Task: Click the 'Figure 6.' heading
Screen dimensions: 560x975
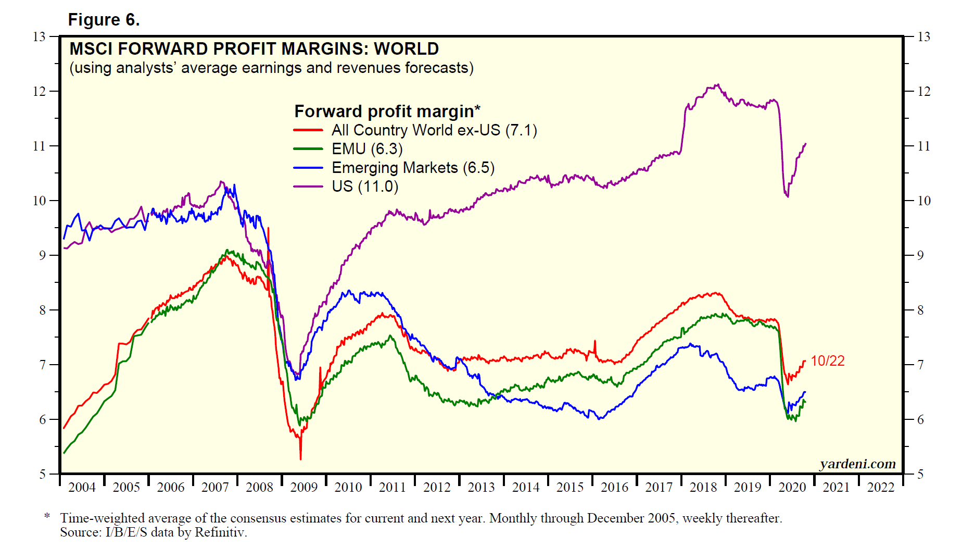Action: (104, 20)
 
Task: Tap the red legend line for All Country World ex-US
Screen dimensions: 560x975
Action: (308, 130)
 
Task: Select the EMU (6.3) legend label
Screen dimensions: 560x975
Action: (367, 149)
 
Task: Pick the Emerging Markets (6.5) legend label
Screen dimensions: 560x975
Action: (413, 168)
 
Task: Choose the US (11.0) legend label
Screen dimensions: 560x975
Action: (365, 186)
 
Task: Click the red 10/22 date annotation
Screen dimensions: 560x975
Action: (827, 360)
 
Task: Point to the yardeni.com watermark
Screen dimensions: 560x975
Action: (857, 464)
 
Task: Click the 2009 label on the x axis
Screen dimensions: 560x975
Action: (303, 487)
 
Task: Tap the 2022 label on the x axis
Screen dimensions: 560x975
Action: (880, 487)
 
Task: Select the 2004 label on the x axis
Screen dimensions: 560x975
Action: (82, 487)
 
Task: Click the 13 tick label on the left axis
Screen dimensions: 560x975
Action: (39, 36)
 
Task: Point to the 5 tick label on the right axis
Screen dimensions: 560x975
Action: (920, 474)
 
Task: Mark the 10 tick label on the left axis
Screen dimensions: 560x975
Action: (39, 201)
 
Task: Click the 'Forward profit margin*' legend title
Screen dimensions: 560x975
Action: (387, 111)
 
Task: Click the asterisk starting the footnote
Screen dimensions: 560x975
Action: (47, 517)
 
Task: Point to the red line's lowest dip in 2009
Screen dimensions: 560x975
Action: (300, 458)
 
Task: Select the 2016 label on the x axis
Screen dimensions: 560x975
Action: (614, 487)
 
